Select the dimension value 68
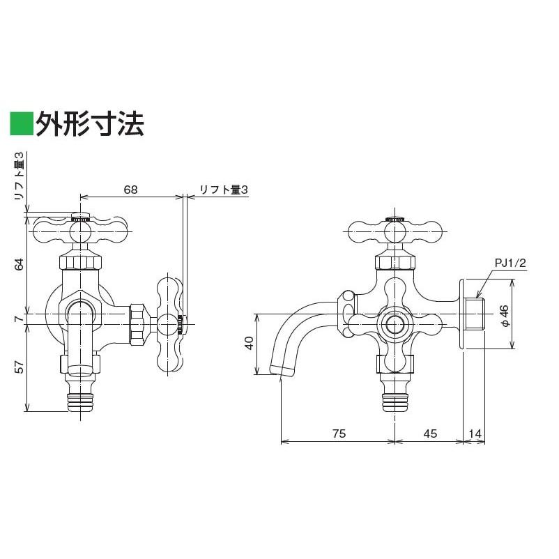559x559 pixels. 131,189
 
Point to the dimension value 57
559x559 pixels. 20,367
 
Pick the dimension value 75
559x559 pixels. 337,434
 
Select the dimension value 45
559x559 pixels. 429,434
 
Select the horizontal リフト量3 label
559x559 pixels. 223,189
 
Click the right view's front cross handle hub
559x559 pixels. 395,323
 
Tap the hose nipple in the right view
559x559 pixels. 395,399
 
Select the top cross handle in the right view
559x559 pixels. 395,229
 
